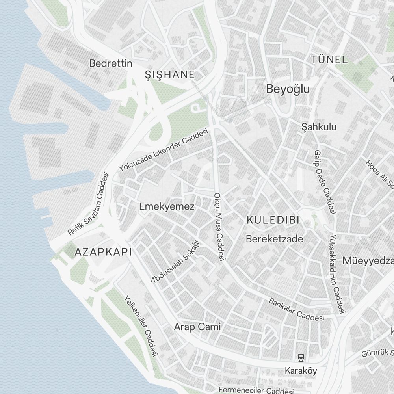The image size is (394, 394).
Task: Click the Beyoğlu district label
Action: tap(288, 89)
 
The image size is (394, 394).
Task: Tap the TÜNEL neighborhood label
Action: tap(329, 60)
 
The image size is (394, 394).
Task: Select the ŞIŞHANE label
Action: tap(170, 74)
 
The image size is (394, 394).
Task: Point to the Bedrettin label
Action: tap(111, 63)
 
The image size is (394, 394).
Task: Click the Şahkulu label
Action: tap(319, 127)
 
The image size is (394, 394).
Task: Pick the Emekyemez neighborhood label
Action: tap(167, 206)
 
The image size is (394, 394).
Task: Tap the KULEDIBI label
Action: tap(273, 220)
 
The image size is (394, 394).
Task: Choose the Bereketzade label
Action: tap(275, 239)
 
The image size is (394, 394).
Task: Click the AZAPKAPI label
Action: tap(103, 252)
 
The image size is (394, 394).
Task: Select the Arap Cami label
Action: tap(197, 327)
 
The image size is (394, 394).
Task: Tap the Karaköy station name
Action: tap(301, 371)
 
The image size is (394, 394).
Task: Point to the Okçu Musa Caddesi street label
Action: tap(219, 227)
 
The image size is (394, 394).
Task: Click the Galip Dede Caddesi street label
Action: tap(324, 182)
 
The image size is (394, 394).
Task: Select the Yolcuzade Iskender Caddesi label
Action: tap(163, 151)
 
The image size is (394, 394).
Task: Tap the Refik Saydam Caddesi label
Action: tap(88, 204)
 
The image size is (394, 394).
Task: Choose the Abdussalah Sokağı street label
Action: tap(176, 262)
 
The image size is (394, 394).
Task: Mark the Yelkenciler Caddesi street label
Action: tap(141, 325)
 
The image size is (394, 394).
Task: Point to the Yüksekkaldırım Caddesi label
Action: tap(337, 274)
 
